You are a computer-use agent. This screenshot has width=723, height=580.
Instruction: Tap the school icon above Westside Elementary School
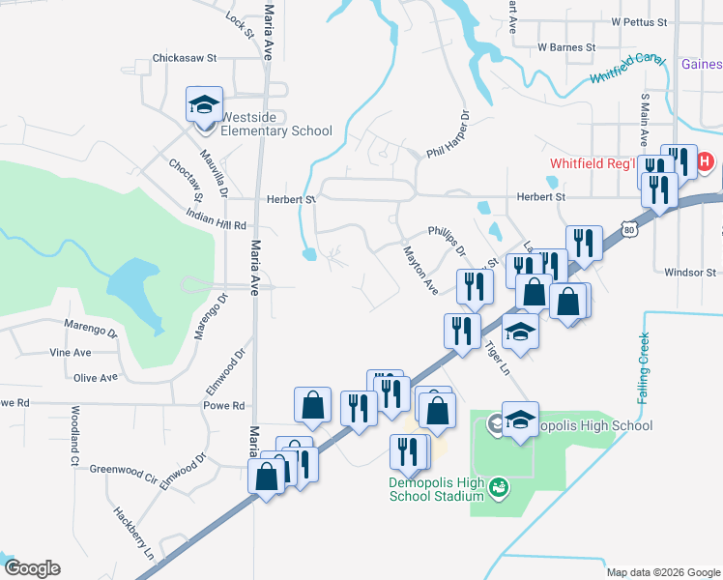pos(205,104)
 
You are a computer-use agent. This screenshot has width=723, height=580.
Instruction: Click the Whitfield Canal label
pos(627,67)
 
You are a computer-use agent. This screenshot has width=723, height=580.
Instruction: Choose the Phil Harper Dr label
pos(448,137)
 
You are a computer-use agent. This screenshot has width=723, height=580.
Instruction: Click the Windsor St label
pos(688,273)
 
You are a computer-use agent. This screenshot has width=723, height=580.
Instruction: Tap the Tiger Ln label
pos(496,357)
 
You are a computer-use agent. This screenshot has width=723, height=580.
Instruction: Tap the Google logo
pos(31,568)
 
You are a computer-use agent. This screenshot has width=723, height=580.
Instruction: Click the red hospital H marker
pos(705,161)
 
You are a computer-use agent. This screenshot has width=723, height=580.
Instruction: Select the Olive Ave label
pos(96,377)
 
